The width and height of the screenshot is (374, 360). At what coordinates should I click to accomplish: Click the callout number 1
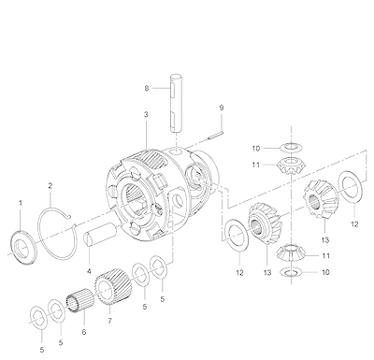pos(21,203)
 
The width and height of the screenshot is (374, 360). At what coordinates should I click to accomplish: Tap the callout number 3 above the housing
pos(146,114)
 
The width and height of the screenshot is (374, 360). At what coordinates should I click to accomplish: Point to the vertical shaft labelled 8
pos(176,102)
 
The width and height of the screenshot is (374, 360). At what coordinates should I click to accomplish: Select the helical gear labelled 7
pos(113,287)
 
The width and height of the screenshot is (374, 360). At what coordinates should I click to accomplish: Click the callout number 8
pos(147,88)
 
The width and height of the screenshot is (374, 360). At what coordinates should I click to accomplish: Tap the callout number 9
pos(222,108)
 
